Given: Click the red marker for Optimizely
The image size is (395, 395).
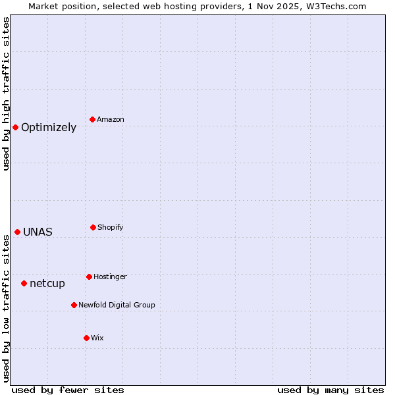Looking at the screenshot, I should pos(15,127).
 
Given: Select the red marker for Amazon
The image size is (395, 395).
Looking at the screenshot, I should pos(92,119).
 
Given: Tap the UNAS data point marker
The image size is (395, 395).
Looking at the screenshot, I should pos(17,232).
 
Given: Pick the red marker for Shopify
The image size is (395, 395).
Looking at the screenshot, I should pos(93,227).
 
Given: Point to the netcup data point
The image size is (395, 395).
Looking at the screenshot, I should pos(24,283).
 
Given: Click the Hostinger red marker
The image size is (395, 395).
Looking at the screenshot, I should pos(89,276).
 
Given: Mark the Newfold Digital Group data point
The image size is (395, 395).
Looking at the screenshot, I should pos(74,305).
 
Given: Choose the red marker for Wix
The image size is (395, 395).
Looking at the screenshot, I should pos(86,338).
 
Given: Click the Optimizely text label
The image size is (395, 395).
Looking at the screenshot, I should pos(49,128).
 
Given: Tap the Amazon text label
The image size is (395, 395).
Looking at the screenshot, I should pos(111,120).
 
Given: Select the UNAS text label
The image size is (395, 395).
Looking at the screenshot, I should pos(38,232).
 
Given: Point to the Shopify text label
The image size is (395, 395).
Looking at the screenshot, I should pos(111,228).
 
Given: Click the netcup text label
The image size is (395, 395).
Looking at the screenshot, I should pos(47,284).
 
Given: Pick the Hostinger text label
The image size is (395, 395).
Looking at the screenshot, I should pos(110,277).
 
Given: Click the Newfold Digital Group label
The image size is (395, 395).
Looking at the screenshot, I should pos(117,305).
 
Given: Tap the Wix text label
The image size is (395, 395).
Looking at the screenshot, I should pos(97,338).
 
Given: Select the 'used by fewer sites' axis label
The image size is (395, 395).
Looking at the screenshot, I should pos(68,390).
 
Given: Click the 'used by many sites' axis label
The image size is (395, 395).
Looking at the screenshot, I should pos(330,390).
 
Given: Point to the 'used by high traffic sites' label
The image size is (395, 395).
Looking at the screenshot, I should pos(7,93).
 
